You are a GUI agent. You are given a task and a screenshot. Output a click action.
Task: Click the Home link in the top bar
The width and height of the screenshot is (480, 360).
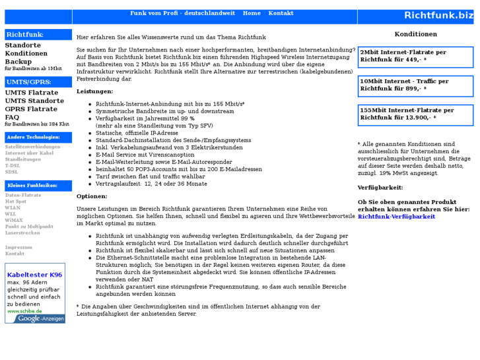[x=252, y=13]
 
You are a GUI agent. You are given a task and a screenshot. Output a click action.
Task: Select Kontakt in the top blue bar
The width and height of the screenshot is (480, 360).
[x=281, y=13]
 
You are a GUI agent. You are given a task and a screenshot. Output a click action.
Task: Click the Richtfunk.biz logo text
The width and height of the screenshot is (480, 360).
[x=438, y=15]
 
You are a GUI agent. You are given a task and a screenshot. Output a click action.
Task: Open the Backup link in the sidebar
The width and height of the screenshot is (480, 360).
[x=18, y=61]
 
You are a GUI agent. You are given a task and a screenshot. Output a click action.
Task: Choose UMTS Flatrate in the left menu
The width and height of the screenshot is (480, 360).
[x=31, y=93]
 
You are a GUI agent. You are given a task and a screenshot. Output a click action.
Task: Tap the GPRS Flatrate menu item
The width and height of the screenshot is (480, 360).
[x=31, y=109]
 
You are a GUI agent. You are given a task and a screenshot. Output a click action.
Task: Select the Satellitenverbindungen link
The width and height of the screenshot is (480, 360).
[x=32, y=147]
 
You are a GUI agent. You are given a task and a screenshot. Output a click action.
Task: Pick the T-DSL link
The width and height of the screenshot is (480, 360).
[x=13, y=165]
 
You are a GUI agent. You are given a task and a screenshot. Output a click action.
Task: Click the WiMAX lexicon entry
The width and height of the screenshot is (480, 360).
[x=14, y=220]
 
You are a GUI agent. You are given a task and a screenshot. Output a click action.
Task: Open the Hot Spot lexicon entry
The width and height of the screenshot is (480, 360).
[x=16, y=201]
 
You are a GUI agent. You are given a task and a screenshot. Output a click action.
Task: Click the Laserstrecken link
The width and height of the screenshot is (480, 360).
[x=22, y=233]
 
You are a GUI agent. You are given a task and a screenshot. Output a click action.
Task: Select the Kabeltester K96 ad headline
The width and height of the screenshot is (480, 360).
[x=34, y=275]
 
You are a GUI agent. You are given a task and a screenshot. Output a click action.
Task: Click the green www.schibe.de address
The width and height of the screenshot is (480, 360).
[x=25, y=310]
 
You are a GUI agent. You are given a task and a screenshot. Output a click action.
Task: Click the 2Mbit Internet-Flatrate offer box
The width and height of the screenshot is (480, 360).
[x=415, y=56]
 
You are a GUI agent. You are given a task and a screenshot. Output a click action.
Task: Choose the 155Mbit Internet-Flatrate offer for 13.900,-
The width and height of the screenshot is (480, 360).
[x=415, y=114]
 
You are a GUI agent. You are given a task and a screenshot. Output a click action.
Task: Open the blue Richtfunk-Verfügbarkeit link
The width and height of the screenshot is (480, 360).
[x=396, y=216]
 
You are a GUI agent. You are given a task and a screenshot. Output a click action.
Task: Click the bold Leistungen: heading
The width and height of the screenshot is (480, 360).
[x=94, y=91]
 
